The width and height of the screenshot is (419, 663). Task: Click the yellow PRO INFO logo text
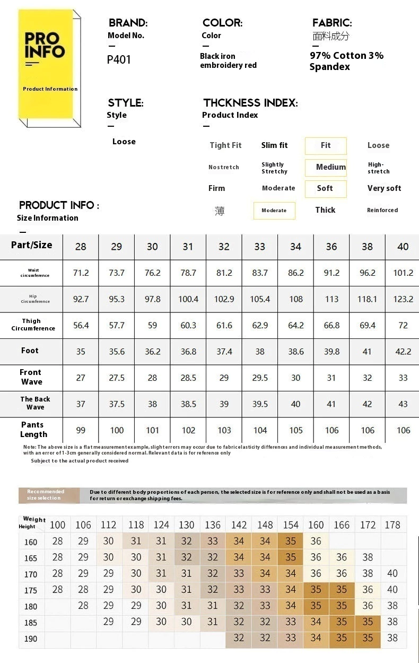pos(45,45)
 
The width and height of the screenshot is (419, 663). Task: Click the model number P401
pos(119,59)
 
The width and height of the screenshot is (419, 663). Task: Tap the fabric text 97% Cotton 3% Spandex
pos(346,61)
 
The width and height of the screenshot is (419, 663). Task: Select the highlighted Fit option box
pos(326,145)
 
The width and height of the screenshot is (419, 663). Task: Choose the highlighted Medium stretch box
pos(326,167)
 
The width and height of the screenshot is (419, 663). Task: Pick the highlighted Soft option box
pos(325,188)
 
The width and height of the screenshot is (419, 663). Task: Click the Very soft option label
pos(384,188)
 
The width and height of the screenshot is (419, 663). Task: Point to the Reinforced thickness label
pos(382,210)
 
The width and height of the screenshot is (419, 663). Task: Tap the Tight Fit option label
pos(225,145)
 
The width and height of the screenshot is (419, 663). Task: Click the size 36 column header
pos(331,247)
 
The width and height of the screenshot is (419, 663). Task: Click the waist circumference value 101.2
pos(403,273)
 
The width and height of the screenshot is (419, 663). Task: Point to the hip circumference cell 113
pos(331,299)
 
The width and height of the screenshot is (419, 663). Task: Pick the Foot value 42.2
pos(403,351)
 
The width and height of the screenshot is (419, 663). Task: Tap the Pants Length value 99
pos(81,430)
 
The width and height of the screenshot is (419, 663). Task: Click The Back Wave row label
pos(35,403)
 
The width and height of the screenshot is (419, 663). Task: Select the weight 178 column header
pos(392,525)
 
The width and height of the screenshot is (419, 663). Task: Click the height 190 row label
pos(31,639)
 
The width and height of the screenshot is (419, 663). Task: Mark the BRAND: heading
pos(128,23)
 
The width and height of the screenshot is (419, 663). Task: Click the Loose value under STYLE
pos(124,142)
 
